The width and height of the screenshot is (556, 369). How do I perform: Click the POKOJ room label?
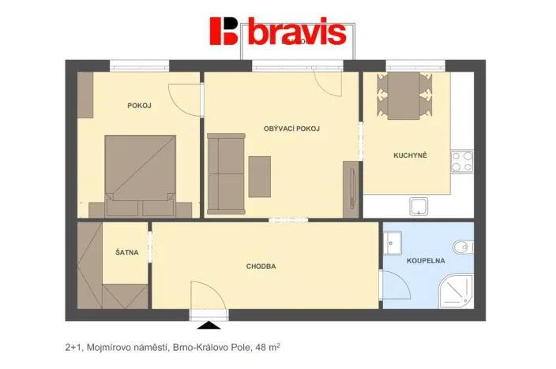[139, 106]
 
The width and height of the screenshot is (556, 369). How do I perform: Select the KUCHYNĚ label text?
[410, 155]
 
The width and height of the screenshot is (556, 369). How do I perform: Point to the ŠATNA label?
[126, 252]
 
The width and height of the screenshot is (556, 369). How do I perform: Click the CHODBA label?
[261, 266]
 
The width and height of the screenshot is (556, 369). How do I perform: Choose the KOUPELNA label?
[426, 259]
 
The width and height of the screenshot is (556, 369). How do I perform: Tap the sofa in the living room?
[225, 173]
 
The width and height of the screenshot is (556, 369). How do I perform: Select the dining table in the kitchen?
[404, 95]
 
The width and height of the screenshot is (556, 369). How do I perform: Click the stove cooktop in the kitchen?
[461, 162]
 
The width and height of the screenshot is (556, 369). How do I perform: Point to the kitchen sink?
[419, 207]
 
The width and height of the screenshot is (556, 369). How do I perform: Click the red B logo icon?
[224, 31]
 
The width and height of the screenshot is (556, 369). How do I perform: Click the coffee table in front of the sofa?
[260, 176]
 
